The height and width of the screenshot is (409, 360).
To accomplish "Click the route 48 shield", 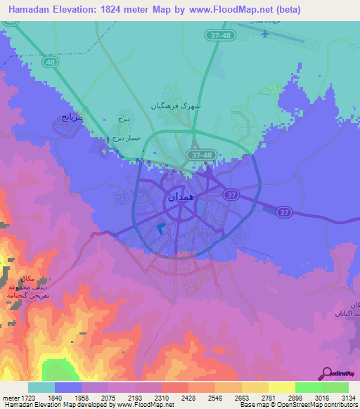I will (49, 62).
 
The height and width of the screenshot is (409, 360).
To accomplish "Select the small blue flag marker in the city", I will (162, 228).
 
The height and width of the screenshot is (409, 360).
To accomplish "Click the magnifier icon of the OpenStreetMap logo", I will (327, 374).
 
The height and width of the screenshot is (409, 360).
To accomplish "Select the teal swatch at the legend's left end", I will (41, 387).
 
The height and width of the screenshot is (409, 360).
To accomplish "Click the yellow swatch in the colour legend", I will (281, 387).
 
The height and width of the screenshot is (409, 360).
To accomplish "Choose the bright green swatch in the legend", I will (308, 387).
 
